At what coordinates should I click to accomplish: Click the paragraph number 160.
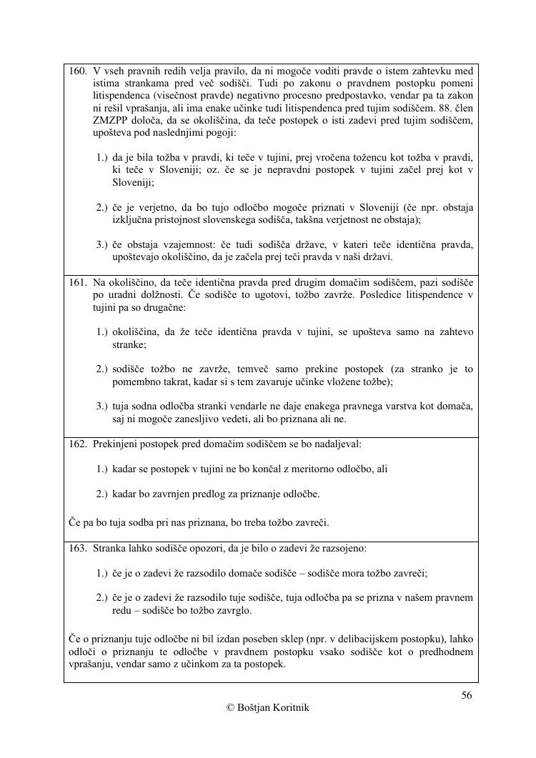[78, 72]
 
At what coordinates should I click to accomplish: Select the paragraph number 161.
[78, 282]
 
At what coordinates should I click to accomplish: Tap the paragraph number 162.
[78, 444]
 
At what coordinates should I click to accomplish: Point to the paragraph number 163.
[78, 549]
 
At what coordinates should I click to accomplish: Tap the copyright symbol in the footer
[230, 708]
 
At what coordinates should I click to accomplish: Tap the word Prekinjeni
[116, 444]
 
